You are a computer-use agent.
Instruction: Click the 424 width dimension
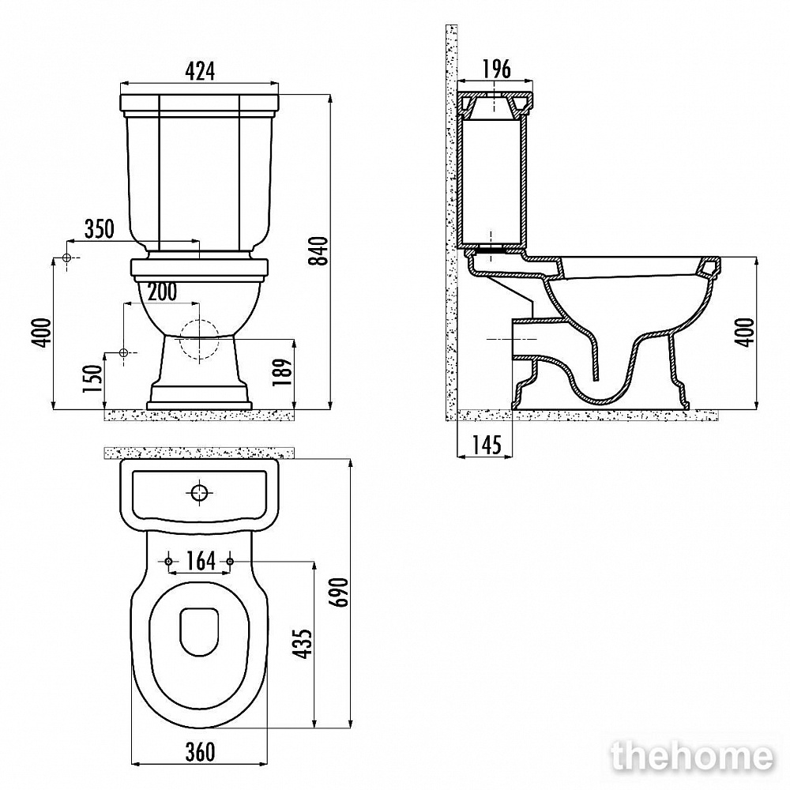click(200, 72)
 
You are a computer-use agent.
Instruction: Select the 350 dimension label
click(100, 229)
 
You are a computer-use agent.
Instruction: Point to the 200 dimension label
click(162, 292)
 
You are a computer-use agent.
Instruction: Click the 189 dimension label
click(284, 372)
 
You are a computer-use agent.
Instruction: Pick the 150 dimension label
click(94, 379)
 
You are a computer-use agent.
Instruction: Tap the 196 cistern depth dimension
click(496, 69)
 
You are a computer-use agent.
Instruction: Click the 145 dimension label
click(487, 445)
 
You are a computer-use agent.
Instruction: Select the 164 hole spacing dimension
click(201, 561)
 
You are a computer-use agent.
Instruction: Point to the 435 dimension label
click(303, 643)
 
